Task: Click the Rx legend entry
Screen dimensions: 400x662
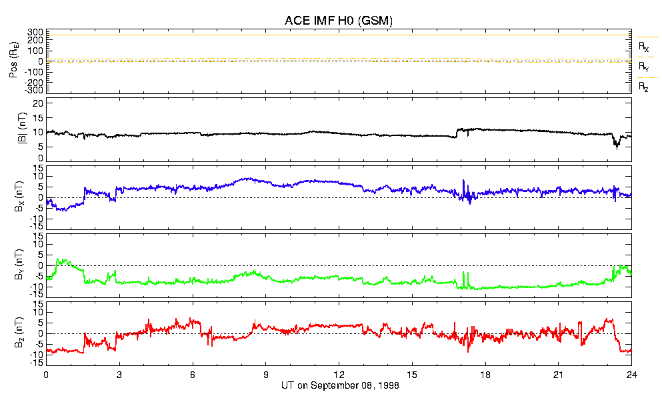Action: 643,47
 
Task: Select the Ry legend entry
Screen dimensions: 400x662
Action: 643,67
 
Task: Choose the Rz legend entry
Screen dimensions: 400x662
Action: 643,87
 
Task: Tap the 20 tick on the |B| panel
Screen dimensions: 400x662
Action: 39,103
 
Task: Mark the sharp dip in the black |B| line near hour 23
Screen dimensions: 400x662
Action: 617,146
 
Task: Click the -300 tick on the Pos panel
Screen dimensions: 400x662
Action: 34,90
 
